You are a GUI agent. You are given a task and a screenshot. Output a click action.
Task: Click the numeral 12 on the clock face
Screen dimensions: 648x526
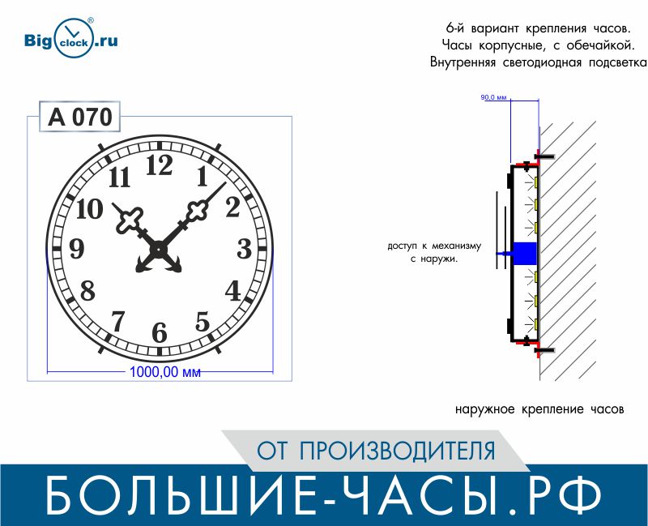tap(160, 165)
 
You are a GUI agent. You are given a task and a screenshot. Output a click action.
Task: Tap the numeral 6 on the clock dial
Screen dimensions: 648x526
tap(160, 332)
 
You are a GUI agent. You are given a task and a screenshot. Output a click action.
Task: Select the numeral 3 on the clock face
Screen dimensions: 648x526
tap(245, 249)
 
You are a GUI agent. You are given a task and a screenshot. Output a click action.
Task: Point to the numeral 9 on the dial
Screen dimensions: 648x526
tap(76, 249)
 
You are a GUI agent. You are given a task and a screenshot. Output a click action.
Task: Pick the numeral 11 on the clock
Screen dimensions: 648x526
tap(119, 177)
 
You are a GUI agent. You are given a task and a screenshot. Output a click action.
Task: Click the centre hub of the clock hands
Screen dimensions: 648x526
tap(159, 249)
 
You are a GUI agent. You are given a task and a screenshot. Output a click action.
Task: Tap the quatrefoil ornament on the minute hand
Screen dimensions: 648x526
tap(197, 212)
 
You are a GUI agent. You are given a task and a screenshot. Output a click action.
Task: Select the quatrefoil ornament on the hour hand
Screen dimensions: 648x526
tap(130, 220)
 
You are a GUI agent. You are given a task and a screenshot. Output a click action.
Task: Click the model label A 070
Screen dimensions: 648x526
tap(79, 117)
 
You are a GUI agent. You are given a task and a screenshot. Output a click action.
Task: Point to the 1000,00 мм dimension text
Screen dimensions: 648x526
tap(165, 372)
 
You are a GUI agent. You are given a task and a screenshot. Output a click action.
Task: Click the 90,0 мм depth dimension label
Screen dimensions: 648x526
tap(493, 97)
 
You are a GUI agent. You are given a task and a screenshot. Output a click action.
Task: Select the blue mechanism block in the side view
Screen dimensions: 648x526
tap(524, 253)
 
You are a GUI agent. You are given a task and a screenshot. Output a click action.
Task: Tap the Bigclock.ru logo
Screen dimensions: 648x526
tap(71, 38)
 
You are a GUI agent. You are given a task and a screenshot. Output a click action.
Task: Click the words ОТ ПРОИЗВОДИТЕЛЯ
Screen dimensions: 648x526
tap(376, 451)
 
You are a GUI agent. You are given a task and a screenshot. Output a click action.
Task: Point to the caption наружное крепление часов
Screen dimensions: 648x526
tap(539, 409)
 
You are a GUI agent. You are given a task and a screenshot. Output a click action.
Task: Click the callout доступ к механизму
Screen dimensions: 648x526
tap(434, 246)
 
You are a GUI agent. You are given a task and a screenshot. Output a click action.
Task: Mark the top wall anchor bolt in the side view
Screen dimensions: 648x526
tap(544, 156)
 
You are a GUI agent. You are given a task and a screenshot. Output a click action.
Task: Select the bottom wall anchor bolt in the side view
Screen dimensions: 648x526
tap(544, 351)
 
